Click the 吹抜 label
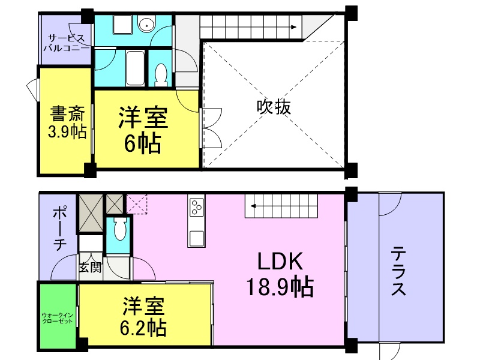pyautogui.click(x=274, y=107)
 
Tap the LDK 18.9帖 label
pyautogui.click(x=280, y=274)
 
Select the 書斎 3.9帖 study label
pyautogui.click(x=67, y=122)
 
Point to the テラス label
pyautogui.click(x=398, y=271)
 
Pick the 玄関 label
pyautogui.click(x=90, y=268)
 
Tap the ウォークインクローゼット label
pyautogui.click(x=57, y=318)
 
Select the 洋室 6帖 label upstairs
pyautogui.click(x=143, y=130)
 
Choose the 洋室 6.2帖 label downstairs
pyautogui.click(x=143, y=316)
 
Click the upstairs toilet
pyautogui.click(x=161, y=73)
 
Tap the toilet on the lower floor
pyautogui.click(x=119, y=229)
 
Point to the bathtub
pyautogui.click(x=135, y=68)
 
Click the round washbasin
pyautogui.click(x=147, y=24)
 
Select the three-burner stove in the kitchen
pyautogui.click(x=196, y=207)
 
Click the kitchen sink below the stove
pyautogui.click(x=197, y=239)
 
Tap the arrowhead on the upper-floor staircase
pyautogui.click(x=294, y=27)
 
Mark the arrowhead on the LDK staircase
pyautogui.click(x=253, y=206)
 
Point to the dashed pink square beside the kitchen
pyautogui.click(x=137, y=204)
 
